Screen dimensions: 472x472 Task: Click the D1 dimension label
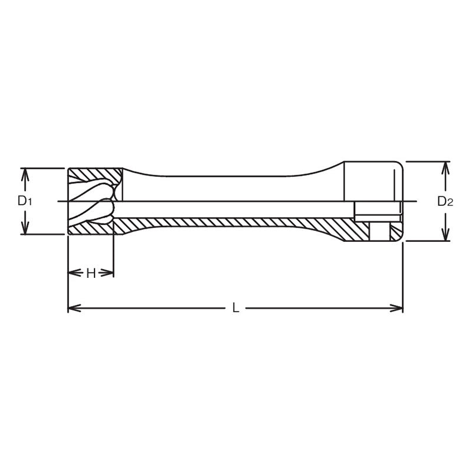[24, 201]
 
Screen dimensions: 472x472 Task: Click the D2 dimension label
[445, 201]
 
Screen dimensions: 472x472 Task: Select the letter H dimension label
[91, 273]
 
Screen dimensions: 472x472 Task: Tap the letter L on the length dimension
[235, 307]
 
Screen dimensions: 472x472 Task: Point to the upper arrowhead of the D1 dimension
[25, 172]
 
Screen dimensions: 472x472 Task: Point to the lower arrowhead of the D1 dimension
[25, 230]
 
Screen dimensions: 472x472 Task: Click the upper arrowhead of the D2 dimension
[445, 165]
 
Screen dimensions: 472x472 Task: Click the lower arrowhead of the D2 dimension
[445, 237]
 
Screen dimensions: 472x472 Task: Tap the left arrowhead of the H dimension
[73, 273]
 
